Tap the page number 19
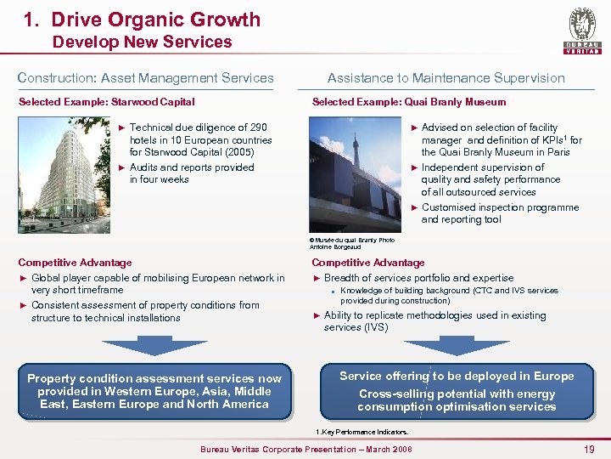[x=589, y=449]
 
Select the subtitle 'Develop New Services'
[x=142, y=42]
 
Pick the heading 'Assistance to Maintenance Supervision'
[x=446, y=78]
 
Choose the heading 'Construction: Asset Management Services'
[x=146, y=78]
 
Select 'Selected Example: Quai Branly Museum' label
[x=408, y=102]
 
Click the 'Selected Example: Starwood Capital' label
[x=107, y=102]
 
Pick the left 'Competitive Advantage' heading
[x=75, y=263]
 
